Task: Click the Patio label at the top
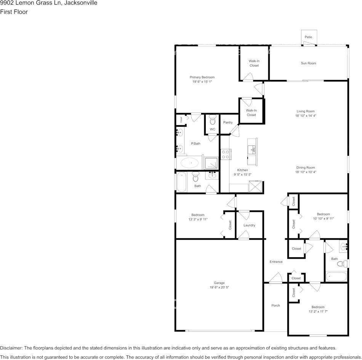click(308, 37)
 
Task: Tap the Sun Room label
click(308, 63)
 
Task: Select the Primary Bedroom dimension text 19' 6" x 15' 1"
click(202, 81)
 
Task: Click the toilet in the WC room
click(212, 120)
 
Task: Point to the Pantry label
click(228, 123)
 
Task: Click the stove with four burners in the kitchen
click(225, 154)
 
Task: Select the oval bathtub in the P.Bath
click(189, 164)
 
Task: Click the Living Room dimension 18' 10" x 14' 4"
click(306, 116)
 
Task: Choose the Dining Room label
click(306, 167)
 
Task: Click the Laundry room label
click(249, 225)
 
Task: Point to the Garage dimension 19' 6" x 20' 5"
click(219, 287)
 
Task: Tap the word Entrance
click(276, 262)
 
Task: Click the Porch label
click(276, 306)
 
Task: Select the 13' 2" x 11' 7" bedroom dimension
click(318, 311)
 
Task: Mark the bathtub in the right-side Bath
click(336, 276)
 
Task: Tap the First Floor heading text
click(14, 12)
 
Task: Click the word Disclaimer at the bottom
click(11, 348)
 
